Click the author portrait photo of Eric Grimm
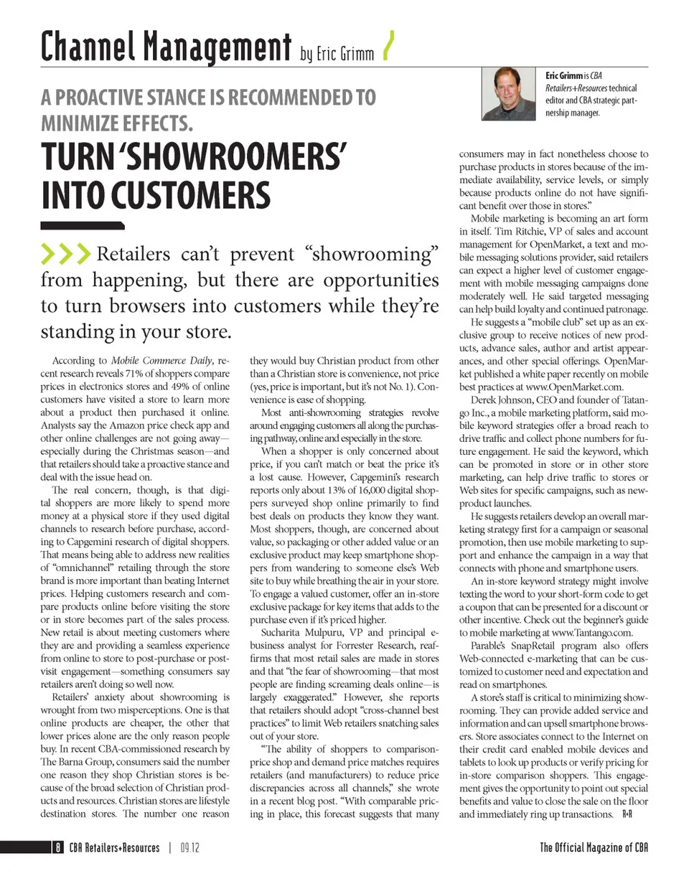(510, 94)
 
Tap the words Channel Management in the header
(165, 47)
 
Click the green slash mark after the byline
(388, 47)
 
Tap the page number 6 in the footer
(56, 848)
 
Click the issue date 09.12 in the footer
(189, 848)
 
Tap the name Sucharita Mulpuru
(296, 633)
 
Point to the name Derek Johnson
(504, 399)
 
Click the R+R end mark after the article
(627, 815)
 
